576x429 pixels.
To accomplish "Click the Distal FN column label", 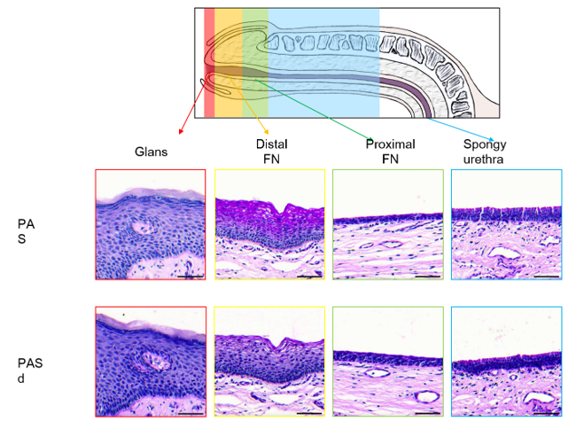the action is (x=271, y=152).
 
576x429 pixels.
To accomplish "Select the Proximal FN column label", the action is (x=390, y=152).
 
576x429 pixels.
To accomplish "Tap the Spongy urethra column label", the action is (x=486, y=152).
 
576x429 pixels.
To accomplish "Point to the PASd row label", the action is (x=30, y=370).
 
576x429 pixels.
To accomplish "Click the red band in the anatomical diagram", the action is (x=209, y=62).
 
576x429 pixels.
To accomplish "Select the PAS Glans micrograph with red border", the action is (x=151, y=225).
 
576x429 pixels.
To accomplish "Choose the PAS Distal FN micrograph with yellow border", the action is (x=269, y=225).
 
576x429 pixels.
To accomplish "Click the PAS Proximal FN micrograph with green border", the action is (x=387, y=225).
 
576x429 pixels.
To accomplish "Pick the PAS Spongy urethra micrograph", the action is (x=506, y=225).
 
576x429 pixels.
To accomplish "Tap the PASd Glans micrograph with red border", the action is (x=151, y=362).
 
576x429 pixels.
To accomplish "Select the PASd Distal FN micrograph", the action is (x=269, y=362).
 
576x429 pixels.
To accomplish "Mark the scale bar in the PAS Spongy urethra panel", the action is (x=547, y=276).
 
